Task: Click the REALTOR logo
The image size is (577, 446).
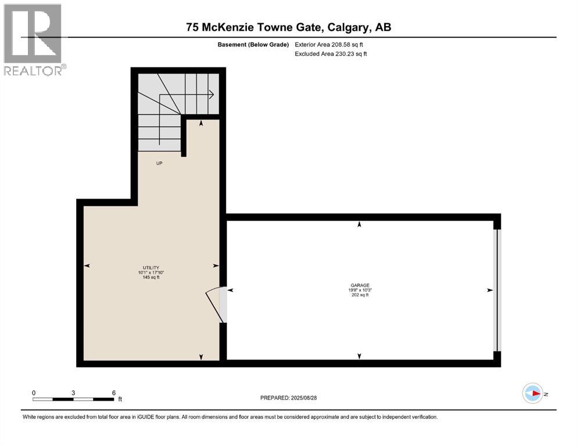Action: point(33,39)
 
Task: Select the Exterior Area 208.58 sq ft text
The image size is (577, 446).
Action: point(330,44)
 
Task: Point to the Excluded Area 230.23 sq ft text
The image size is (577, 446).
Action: point(331,53)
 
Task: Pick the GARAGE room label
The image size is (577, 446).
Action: point(360,285)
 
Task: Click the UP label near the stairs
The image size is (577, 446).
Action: point(159,163)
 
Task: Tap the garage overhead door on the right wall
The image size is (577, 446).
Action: point(496,290)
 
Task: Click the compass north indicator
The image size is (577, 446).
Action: point(533,394)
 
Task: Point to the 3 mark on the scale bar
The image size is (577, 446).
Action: point(73,393)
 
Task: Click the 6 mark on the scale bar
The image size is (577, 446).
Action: point(113,393)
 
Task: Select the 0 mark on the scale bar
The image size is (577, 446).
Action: point(34,393)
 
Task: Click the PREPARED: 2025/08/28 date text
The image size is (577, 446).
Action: point(289,398)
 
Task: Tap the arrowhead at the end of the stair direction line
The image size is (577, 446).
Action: point(212,95)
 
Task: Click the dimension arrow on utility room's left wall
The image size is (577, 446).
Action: point(87,265)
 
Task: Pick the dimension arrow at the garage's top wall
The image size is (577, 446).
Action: point(360,224)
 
